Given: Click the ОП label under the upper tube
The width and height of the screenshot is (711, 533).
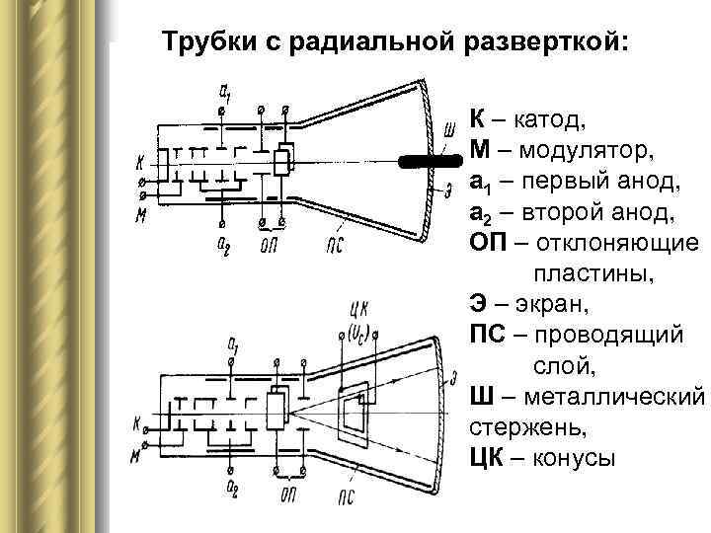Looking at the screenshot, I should [x=269, y=244].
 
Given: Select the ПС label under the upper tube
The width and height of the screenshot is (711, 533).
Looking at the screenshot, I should [x=334, y=243].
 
